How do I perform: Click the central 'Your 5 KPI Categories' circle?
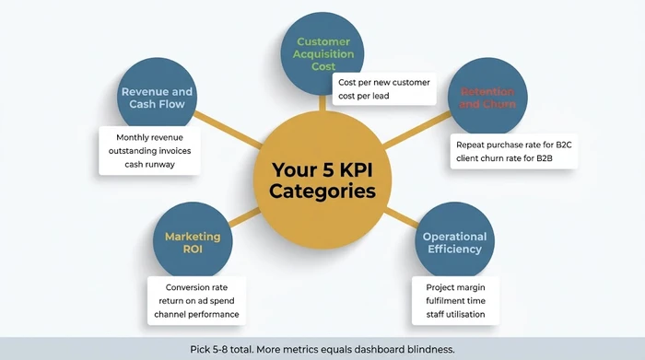(322, 180)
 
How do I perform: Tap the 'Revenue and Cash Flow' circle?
(158, 98)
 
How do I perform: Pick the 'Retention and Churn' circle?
(487, 98)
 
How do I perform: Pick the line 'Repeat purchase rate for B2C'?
(515, 144)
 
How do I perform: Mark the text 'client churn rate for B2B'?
(508, 159)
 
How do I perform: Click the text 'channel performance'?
(195, 315)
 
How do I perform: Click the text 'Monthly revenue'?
(149, 136)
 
